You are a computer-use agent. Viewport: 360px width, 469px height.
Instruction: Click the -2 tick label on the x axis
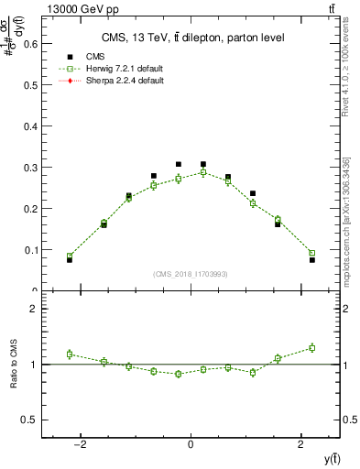(x=81, y=444)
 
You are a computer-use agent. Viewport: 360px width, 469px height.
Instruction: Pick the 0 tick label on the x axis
(x=191, y=444)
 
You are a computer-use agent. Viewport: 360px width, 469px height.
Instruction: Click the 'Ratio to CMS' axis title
(x=14, y=365)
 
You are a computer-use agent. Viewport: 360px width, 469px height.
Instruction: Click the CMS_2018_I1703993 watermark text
(x=191, y=274)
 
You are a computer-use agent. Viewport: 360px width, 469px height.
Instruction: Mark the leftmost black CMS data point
(x=70, y=260)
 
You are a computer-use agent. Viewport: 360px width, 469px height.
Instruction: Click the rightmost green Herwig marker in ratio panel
(x=311, y=348)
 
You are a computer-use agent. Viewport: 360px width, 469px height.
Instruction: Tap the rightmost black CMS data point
(x=311, y=260)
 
